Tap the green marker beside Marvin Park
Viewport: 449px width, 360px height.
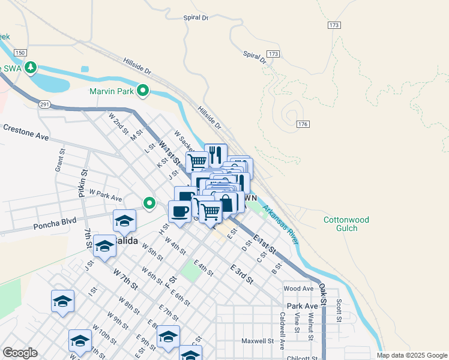pos(143,91)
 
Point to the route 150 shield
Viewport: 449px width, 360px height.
pos(20,53)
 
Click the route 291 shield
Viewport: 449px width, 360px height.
pos(44,104)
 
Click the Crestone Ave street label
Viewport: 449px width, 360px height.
pos(25,132)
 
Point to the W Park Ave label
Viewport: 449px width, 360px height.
pos(105,195)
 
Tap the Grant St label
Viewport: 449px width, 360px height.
pos(60,161)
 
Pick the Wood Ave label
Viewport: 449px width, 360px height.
pos(299,289)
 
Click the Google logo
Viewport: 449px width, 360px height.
pos(20,353)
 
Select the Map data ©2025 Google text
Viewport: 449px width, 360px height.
pos(412,355)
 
